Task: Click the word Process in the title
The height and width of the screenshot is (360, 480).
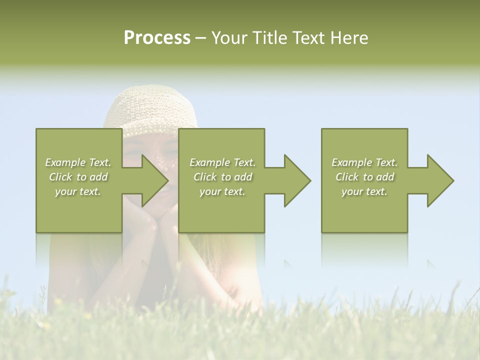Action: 157,38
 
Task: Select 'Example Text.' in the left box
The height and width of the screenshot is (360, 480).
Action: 78,162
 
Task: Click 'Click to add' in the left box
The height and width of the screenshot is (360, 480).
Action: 78,177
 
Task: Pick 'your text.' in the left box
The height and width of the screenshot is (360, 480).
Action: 78,191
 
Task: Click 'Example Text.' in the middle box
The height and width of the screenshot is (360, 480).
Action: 222,162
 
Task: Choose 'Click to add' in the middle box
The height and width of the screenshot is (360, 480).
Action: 222,177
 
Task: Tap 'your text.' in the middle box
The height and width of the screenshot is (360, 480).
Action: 222,191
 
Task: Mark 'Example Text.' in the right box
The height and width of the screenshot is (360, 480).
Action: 364,162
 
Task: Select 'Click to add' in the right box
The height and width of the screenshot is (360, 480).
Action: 364,177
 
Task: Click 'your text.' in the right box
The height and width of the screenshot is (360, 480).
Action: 364,191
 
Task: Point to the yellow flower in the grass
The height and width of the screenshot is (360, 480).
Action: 59,301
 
